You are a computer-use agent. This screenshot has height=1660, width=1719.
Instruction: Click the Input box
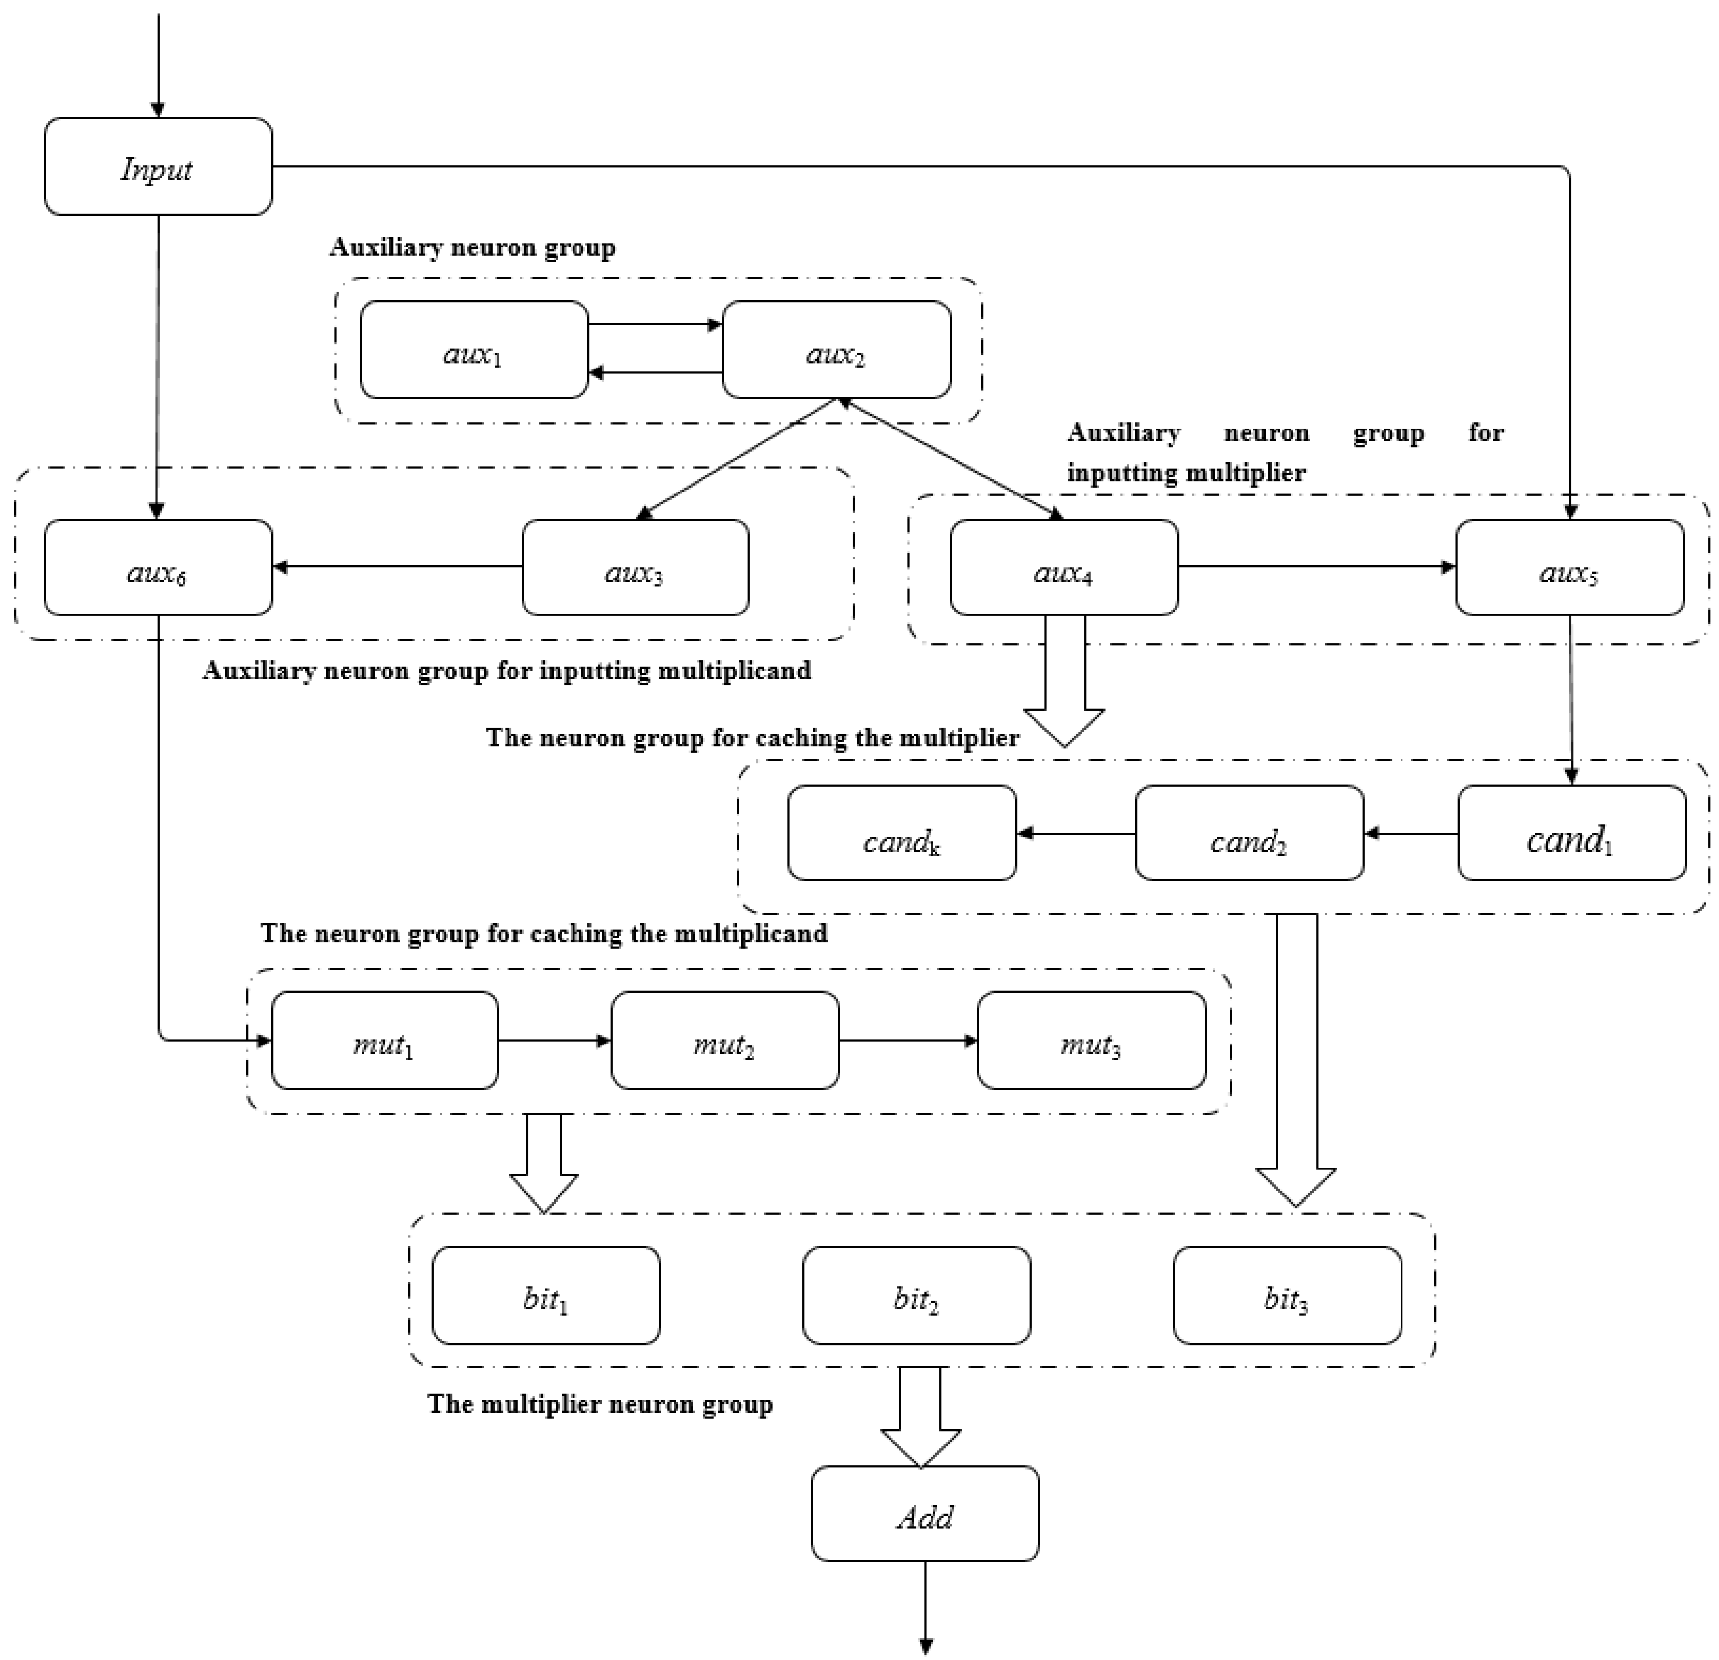pyautogui.click(x=158, y=167)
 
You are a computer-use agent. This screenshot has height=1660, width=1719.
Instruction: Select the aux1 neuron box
pyautogui.click(x=474, y=350)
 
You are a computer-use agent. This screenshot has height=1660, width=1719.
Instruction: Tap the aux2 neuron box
pyautogui.click(x=836, y=350)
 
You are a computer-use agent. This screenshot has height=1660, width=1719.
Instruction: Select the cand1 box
pyautogui.click(x=1571, y=833)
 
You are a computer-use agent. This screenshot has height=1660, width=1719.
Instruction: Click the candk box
pyautogui.click(x=901, y=833)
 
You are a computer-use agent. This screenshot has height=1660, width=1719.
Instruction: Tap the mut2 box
pyautogui.click(x=724, y=1041)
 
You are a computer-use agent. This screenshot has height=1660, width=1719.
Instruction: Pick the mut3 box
pyautogui.click(x=1091, y=1041)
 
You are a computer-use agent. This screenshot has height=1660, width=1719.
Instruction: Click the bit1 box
pyautogui.click(x=546, y=1296)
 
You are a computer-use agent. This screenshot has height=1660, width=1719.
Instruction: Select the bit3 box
pyautogui.click(x=1286, y=1296)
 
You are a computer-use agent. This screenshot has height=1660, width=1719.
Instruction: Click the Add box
pyautogui.click(x=924, y=1514)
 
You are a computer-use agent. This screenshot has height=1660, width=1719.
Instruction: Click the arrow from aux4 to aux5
pyautogui.click(x=1316, y=567)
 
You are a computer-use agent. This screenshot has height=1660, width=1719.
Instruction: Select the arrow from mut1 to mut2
pyautogui.click(x=554, y=1041)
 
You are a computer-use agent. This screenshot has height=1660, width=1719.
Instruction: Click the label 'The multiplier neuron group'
pyautogui.click(x=600, y=1404)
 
